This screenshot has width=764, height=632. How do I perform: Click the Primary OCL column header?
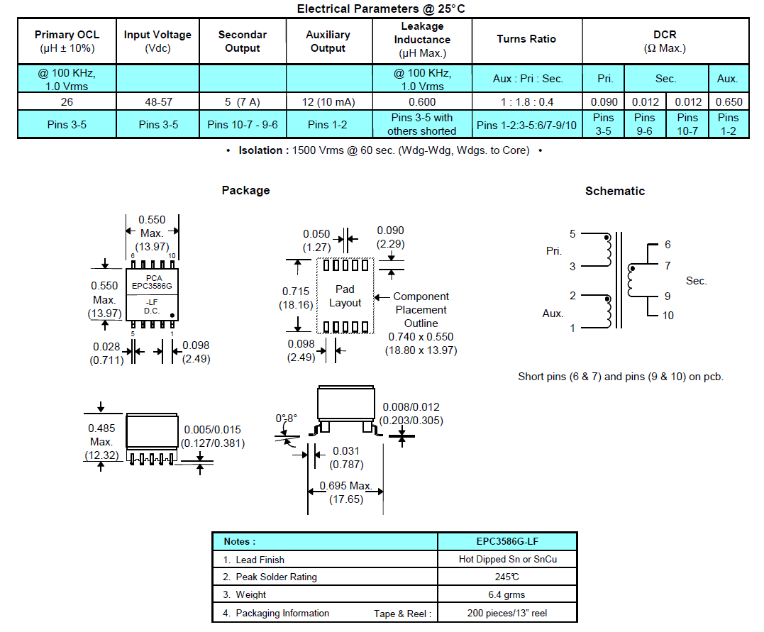point(67,41)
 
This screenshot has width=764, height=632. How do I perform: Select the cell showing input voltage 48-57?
point(157,101)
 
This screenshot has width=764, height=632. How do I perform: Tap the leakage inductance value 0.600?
point(422,101)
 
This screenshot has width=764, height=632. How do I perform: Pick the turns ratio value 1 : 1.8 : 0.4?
point(526,101)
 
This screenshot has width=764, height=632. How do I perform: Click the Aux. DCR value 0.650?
point(729,101)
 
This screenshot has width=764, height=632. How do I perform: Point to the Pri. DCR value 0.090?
point(603,101)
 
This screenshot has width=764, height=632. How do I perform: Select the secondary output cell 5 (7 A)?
point(243,101)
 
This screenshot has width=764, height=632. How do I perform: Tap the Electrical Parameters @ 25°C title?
point(381,9)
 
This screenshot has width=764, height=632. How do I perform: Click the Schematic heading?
point(614,191)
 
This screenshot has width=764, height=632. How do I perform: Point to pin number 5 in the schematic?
point(572,234)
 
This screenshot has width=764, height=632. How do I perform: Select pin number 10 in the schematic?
point(668,315)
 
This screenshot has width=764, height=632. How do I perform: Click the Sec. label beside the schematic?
point(696,281)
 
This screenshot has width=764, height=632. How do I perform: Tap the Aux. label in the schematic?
point(553,313)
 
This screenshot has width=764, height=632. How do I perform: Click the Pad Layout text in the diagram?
point(345,296)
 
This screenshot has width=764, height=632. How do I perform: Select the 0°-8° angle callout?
point(287,418)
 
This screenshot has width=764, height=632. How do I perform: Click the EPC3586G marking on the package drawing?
point(152,286)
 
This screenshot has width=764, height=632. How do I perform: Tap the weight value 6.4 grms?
point(506,594)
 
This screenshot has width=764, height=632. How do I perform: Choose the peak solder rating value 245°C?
point(506,577)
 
